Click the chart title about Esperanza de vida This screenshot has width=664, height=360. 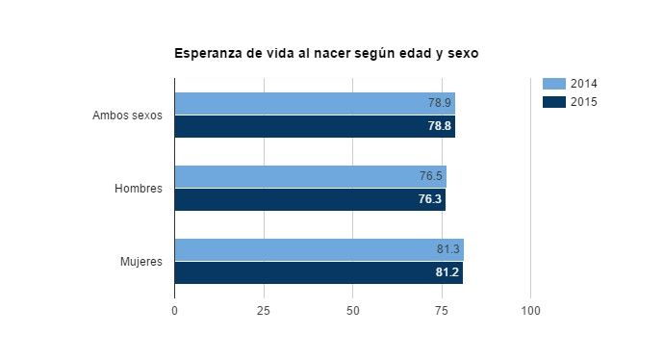click(326, 54)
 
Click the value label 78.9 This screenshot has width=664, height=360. click(439, 103)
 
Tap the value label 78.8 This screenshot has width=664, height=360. click(439, 126)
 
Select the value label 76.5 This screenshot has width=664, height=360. click(430, 176)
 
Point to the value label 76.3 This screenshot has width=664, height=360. click(430, 199)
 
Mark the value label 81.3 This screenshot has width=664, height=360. click(447, 249)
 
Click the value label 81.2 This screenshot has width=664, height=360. click(447, 272)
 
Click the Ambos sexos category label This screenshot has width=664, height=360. click(127, 116)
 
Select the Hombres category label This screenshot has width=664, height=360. click(138, 189)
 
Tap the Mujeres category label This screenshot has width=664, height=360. click(140, 261)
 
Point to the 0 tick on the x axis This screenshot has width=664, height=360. click(174, 311)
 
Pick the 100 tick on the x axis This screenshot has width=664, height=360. click(530, 311)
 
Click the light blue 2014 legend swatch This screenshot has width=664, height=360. click(554, 84)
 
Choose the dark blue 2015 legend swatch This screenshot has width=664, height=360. click(554, 101)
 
